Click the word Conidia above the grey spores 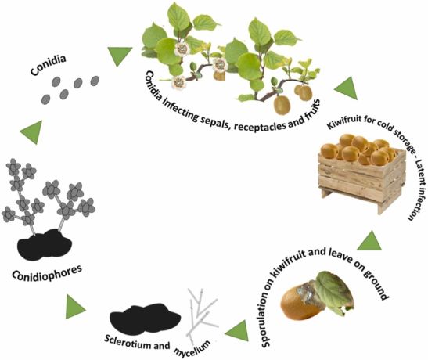tap(48, 64)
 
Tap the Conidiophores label tap(47, 272)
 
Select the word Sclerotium tap(128, 342)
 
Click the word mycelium tap(192, 347)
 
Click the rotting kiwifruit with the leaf tap(318, 296)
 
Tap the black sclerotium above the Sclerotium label tap(145, 319)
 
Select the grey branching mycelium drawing tap(202, 314)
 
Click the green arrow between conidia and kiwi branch tap(120, 56)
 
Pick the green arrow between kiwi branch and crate tap(346, 88)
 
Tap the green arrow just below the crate tap(369, 241)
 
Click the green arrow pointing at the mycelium tap(237, 331)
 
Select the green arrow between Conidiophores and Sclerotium tap(75, 307)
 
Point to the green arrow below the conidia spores tap(31, 131)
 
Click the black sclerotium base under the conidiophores tap(45, 246)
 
